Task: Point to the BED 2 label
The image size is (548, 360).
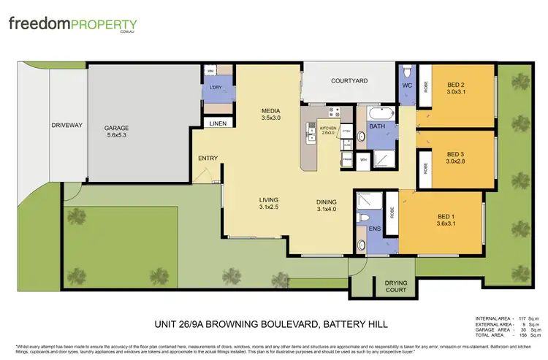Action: coord(458,84)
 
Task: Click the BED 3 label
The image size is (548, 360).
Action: coord(458,154)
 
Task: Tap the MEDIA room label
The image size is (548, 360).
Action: coord(271,112)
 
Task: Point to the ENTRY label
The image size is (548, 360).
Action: coord(208,158)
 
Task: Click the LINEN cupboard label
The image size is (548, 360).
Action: coord(218,124)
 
